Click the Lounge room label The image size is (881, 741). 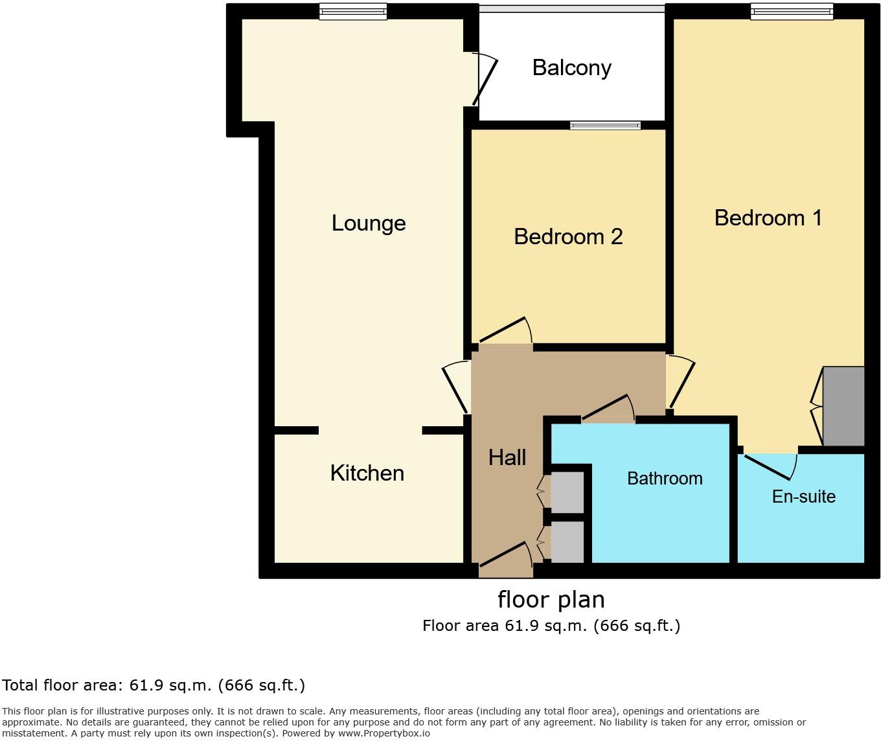point(369,223)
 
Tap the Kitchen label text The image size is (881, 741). point(367,473)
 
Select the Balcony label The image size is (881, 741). point(572,69)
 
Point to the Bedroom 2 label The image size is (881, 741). point(568,236)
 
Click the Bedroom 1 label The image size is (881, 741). point(768,218)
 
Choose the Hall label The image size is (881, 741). point(507,457)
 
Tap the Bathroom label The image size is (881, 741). point(665,479)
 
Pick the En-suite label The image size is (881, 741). point(803,497)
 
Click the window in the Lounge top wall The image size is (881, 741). point(353,12)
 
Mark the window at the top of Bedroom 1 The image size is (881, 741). point(792,12)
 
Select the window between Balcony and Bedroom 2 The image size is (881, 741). point(605,125)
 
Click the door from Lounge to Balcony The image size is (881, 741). point(485,79)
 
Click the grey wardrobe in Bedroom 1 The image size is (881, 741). point(843,406)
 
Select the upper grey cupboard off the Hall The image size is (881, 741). point(567,492)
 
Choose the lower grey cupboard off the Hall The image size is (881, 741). point(567,542)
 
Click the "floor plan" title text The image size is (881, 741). point(551,600)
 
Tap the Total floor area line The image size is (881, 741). point(153,685)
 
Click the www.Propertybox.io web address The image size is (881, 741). point(384,733)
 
